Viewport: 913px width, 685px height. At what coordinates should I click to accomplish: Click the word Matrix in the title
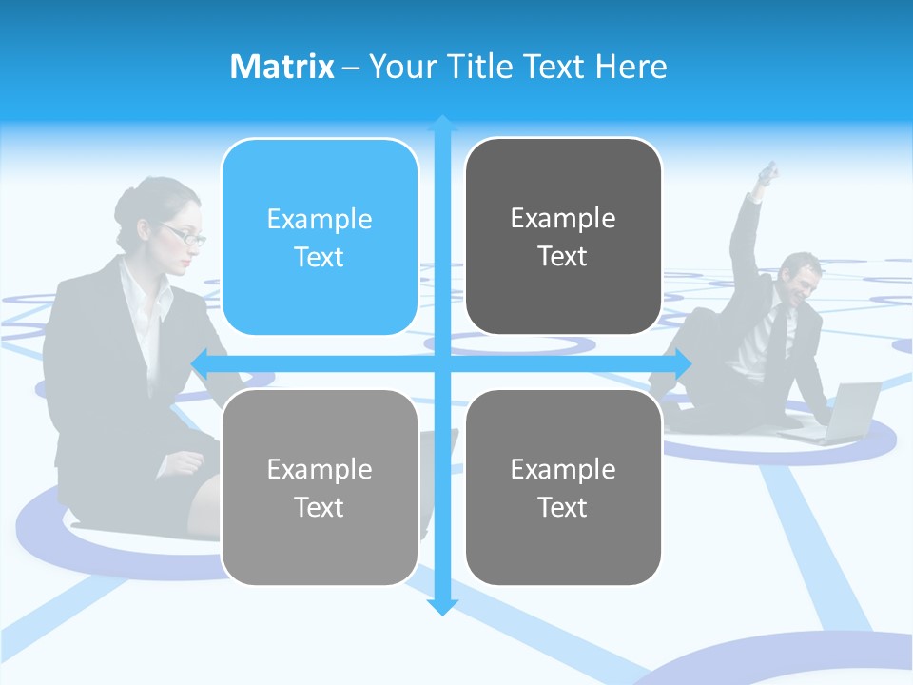(282, 67)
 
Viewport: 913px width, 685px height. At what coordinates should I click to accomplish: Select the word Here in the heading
(631, 67)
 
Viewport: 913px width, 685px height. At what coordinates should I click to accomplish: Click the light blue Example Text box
(320, 237)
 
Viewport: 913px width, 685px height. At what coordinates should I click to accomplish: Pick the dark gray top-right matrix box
(563, 237)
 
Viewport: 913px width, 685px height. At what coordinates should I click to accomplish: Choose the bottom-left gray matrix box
(320, 487)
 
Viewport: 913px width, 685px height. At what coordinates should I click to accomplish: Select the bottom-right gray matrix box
(563, 487)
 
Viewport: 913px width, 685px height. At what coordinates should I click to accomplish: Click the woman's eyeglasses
(184, 234)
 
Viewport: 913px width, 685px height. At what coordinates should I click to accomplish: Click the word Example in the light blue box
(320, 219)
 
